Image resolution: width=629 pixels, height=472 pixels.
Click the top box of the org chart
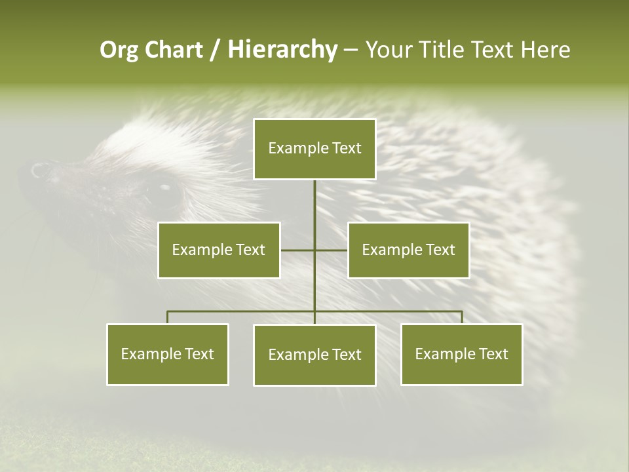(314, 149)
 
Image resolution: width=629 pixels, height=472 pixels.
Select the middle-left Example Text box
(219, 250)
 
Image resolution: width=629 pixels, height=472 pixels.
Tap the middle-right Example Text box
(408, 250)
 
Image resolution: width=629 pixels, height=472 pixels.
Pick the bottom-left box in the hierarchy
(167, 354)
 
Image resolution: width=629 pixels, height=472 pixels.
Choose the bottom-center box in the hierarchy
(314, 355)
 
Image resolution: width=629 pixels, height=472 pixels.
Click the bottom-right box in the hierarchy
(461, 354)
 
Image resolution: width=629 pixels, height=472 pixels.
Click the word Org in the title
(119, 50)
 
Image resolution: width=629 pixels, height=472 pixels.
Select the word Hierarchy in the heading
(282, 50)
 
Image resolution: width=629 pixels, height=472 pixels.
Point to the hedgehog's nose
(38, 170)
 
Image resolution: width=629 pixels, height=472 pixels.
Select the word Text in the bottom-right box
(493, 354)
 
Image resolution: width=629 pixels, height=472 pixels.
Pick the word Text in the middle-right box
(440, 250)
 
